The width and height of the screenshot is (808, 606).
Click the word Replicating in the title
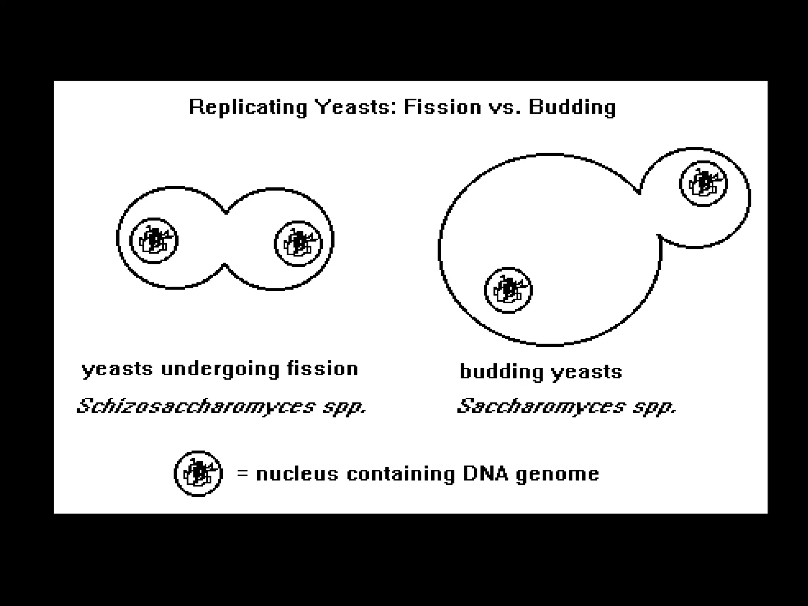point(248,107)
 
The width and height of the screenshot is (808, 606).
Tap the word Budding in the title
point(572,107)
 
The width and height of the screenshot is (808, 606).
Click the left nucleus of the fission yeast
point(154,241)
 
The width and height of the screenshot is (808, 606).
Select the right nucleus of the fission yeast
point(298,243)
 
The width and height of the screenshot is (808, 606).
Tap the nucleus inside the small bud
point(703,183)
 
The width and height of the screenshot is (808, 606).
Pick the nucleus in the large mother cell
point(508,290)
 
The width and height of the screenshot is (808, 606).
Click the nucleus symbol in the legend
point(198,473)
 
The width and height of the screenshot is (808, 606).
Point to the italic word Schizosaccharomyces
point(196,406)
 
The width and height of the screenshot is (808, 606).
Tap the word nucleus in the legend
point(297,473)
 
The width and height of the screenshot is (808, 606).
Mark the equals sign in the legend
point(243,473)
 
